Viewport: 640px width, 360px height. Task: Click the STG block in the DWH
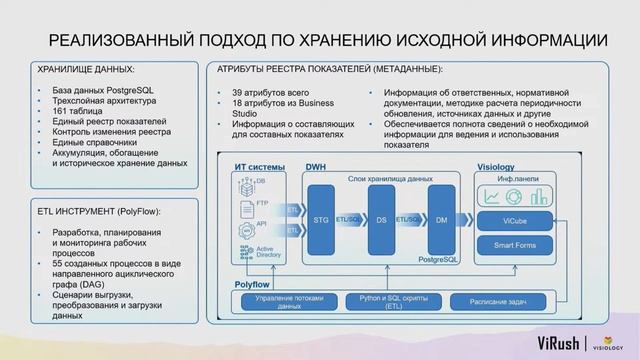tap(321, 219)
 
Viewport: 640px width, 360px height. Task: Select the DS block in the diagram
tap(381, 219)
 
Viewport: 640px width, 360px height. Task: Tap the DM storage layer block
tap(441, 219)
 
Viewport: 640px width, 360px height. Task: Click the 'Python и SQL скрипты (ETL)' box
tap(392, 301)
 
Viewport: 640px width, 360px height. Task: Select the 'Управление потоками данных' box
tap(289, 301)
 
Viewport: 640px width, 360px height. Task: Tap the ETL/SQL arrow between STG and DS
tap(351, 219)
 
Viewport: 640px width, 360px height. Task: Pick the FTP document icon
tap(244, 207)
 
